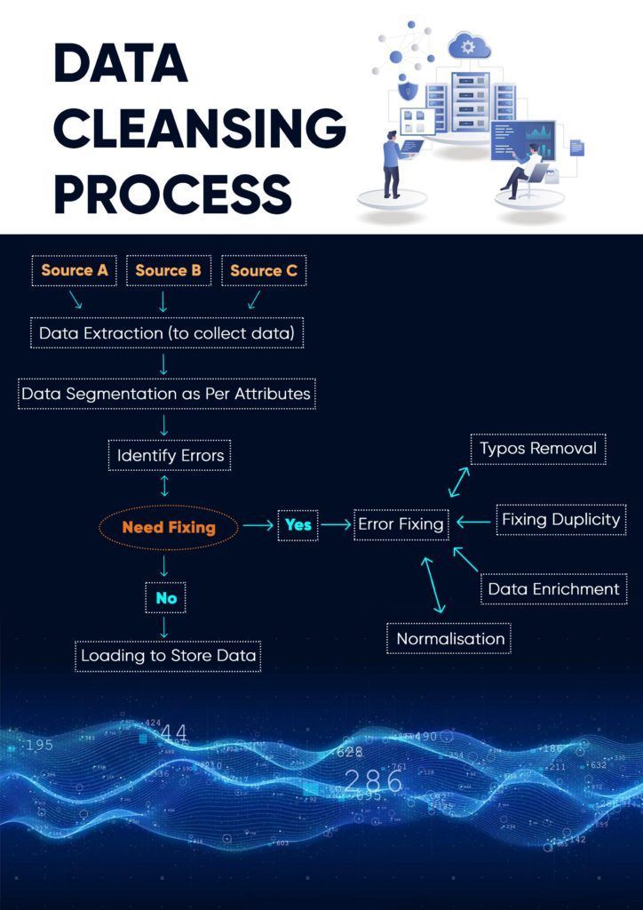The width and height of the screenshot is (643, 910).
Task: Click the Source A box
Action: click(75, 271)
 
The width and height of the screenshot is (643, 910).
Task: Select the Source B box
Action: click(168, 271)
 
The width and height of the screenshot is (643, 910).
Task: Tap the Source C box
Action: click(263, 271)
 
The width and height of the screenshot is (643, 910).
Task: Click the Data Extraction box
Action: click(167, 333)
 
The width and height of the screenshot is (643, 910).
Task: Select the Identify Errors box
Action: click(170, 456)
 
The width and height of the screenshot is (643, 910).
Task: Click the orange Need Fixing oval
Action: click(169, 527)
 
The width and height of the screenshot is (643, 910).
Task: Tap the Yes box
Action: click(298, 525)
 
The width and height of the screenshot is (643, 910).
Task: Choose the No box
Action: click(166, 598)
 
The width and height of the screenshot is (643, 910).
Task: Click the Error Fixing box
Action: click(401, 524)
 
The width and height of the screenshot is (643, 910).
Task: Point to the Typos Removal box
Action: click(538, 449)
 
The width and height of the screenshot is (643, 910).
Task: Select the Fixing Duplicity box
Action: click(560, 520)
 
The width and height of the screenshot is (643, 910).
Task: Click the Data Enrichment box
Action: click(553, 589)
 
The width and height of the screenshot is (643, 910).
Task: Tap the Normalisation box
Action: click(449, 639)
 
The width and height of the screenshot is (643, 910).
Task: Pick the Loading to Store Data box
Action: click(168, 656)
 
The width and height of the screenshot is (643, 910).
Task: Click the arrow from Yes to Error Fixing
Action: click(336, 525)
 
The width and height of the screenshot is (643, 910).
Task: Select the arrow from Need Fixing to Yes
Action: click(258, 525)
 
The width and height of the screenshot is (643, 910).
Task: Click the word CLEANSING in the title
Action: click(200, 129)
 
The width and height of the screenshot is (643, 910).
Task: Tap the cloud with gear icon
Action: click(469, 45)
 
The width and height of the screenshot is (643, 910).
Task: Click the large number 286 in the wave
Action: click(373, 781)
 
